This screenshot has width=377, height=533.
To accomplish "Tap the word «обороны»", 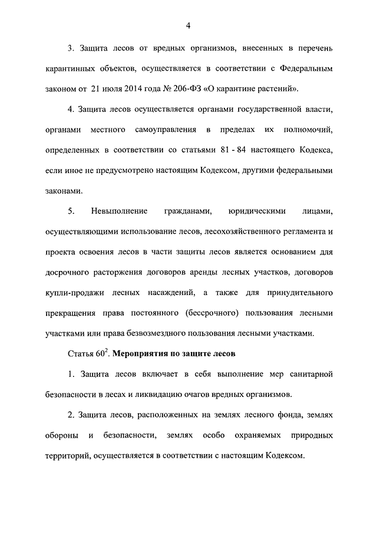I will (61, 435).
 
